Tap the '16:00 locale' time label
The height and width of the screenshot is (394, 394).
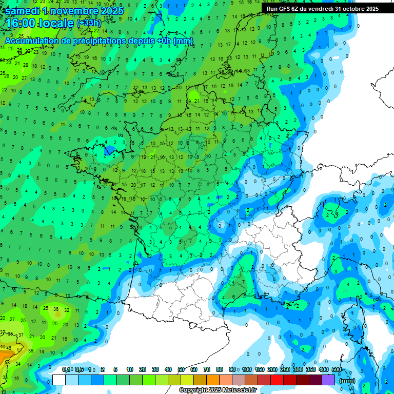(x=39, y=24)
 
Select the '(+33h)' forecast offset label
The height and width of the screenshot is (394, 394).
(x=89, y=24)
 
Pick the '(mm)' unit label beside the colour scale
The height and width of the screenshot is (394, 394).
(x=347, y=381)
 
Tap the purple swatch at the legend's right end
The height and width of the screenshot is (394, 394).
(x=329, y=380)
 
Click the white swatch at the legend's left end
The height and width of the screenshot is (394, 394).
(x=59, y=380)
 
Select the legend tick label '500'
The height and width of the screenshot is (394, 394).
(x=337, y=369)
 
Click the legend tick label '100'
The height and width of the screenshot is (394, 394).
(x=247, y=369)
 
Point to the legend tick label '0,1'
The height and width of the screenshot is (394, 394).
(x=66, y=369)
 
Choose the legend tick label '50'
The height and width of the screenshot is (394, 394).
(x=181, y=369)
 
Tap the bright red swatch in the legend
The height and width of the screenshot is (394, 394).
(x=278, y=380)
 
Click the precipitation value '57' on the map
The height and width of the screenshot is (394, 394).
(x=20, y=349)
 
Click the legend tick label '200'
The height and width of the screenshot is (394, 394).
(x=272, y=369)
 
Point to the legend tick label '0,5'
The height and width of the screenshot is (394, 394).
(x=78, y=369)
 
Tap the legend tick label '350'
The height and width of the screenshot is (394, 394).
(x=311, y=369)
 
